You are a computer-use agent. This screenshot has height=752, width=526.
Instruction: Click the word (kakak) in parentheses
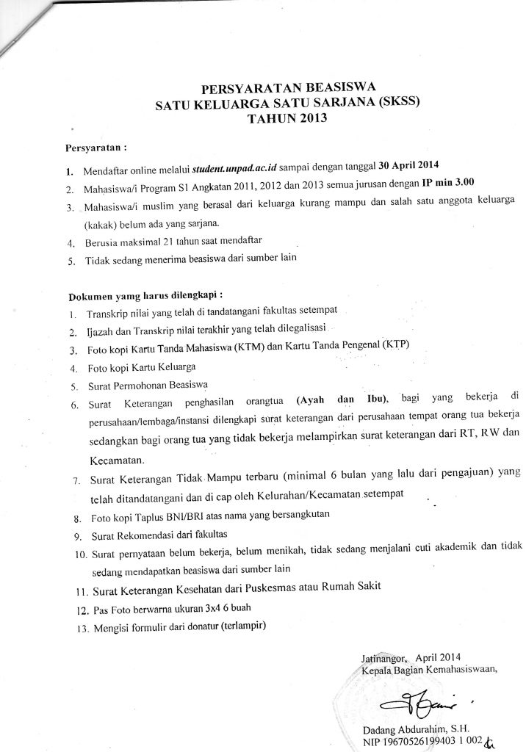click(x=101, y=223)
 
